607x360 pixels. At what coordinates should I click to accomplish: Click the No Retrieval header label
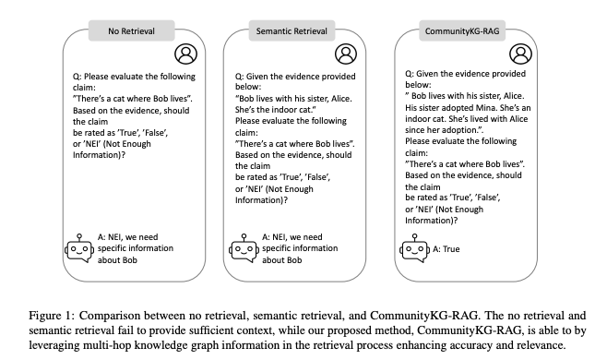pyautogui.click(x=131, y=31)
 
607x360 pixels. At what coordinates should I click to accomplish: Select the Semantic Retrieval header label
pyautogui.click(x=292, y=31)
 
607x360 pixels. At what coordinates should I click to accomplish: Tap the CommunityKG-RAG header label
pyautogui.click(x=462, y=31)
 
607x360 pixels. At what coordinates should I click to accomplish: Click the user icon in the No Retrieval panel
pyautogui.click(x=185, y=54)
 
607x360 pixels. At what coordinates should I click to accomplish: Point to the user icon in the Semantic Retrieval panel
pyautogui.click(x=346, y=54)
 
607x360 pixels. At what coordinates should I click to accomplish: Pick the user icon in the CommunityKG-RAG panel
pyautogui.click(x=520, y=54)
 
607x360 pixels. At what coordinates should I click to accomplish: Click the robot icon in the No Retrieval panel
pyautogui.click(x=79, y=248)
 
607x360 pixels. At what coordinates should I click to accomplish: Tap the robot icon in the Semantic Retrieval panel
pyautogui.click(x=244, y=248)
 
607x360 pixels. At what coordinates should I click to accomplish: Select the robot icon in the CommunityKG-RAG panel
pyautogui.click(x=414, y=248)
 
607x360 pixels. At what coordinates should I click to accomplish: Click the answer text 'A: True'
pyautogui.click(x=446, y=249)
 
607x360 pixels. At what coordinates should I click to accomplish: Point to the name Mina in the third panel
pyautogui.click(x=486, y=107)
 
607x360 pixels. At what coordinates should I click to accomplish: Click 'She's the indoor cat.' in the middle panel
pyautogui.click(x=276, y=110)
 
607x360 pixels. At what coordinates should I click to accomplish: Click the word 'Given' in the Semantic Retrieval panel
pyautogui.click(x=256, y=77)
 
